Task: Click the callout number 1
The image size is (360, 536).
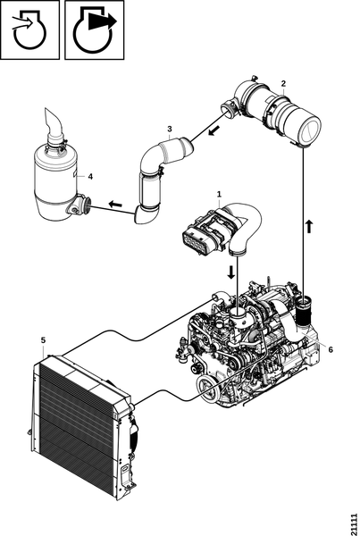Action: (219, 194)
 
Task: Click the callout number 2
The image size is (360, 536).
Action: (283, 83)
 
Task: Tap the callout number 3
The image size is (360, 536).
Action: (170, 129)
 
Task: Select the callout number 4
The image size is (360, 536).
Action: (90, 176)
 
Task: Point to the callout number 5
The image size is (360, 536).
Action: (43, 340)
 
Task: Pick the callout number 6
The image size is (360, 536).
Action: (331, 349)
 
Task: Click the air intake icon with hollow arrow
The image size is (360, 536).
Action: (29, 30)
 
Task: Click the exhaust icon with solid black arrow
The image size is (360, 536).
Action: (95, 30)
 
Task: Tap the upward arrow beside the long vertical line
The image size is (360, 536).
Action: (309, 226)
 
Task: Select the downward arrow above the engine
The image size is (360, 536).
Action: (231, 272)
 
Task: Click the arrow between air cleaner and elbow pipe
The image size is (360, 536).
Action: (214, 130)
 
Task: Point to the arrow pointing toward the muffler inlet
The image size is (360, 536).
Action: (115, 205)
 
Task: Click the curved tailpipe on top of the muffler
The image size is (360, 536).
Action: (53, 126)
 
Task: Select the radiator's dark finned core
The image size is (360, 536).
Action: (76, 428)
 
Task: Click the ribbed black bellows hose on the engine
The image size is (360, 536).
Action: (304, 314)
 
